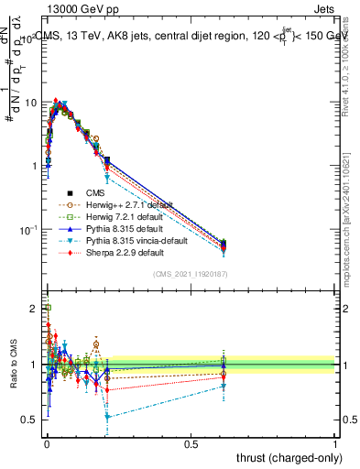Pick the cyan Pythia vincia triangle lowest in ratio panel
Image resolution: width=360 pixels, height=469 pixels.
pyautogui.click(x=108, y=417)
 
